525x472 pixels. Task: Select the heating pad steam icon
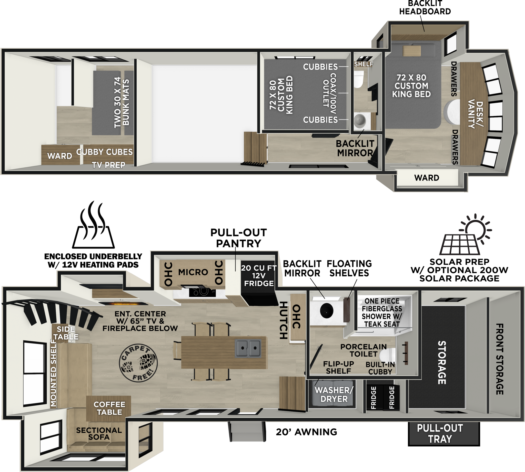pyautogui.click(x=94, y=224)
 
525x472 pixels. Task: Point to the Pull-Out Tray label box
pyautogui.click(x=444, y=434)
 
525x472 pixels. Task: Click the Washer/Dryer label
pyautogui.click(x=334, y=394)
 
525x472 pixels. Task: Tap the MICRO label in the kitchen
pyautogui.click(x=193, y=272)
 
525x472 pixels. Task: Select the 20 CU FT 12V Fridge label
pyautogui.click(x=259, y=275)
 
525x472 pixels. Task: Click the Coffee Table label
pyautogui.click(x=109, y=408)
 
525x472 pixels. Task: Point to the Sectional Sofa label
pyautogui.click(x=99, y=433)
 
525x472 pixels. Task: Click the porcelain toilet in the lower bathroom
pyautogui.click(x=387, y=357)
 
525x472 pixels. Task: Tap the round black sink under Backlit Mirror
pyautogui.click(x=327, y=310)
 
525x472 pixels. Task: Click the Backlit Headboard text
pyautogui.click(x=425, y=7)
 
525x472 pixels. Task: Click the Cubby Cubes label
pyautogui.click(x=104, y=152)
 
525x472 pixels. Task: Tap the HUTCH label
pyautogui.click(x=283, y=320)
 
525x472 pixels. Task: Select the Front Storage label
pyautogui.click(x=500, y=359)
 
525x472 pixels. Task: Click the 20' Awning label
pyautogui.click(x=306, y=432)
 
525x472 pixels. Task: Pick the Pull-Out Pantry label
pyautogui.click(x=239, y=238)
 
